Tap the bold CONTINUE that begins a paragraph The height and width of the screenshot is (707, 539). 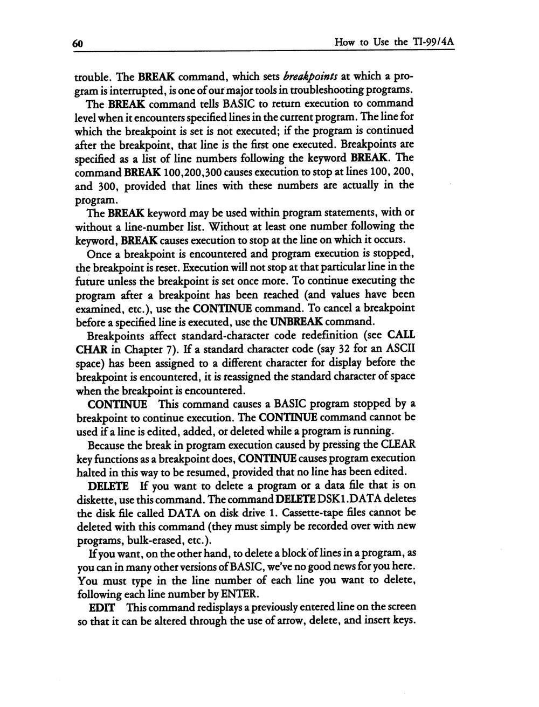pos(114,404)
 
